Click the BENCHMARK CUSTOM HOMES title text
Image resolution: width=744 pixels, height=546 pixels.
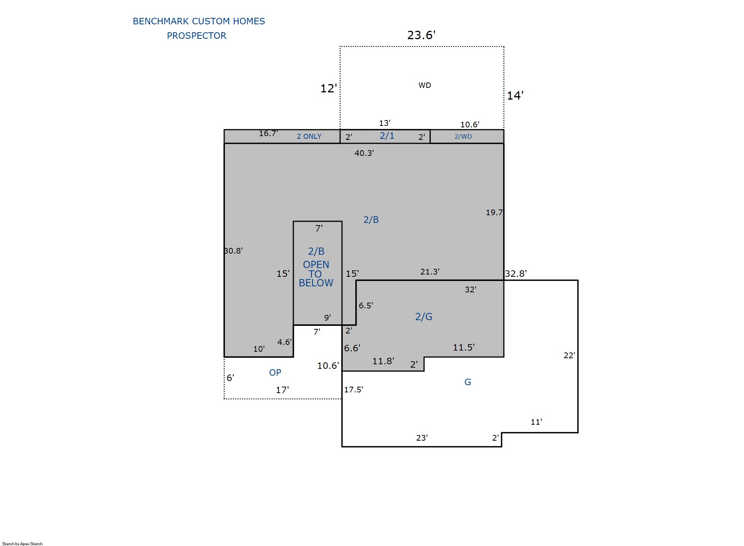tap(199, 21)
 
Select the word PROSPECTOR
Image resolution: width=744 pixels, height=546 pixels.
tap(196, 36)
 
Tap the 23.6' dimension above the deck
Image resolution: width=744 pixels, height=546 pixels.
tap(421, 35)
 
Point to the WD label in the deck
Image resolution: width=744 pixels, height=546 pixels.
tap(425, 85)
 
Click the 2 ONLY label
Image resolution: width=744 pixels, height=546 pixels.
tap(309, 136)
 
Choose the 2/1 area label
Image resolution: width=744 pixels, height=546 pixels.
tap(387, 136)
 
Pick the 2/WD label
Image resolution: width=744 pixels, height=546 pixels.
tap(463, 136)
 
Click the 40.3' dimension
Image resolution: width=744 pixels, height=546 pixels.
tap(364, 153)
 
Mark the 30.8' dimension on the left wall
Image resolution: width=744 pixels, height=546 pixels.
tap(233, 251)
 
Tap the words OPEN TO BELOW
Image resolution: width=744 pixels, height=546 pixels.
tap(316, 274)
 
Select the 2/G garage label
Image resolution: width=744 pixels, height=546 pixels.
tap(424, 317)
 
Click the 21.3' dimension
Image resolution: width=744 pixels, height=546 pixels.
tap(430, 271)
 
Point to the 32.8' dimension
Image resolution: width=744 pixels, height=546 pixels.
tap(516, 273)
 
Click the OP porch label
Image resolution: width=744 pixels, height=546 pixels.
tap(275, 373)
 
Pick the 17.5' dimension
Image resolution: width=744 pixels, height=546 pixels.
tap(353, 389)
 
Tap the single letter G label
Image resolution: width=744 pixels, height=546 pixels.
tap(468, 382)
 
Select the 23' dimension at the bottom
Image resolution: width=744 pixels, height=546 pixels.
tap(422, 438)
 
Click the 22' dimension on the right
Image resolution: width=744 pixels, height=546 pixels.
tap(569, 355)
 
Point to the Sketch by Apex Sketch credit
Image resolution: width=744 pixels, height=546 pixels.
tap(22, 544)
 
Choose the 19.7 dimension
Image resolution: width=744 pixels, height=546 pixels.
tap(494, 213)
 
